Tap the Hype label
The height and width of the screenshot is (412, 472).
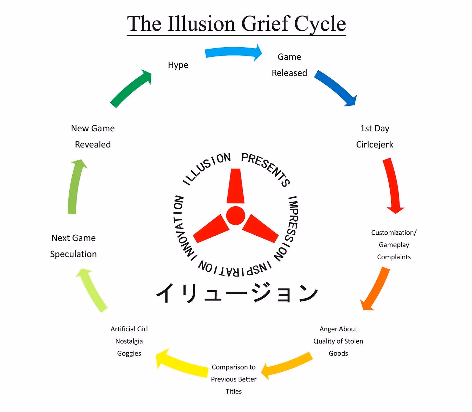coord(178,65)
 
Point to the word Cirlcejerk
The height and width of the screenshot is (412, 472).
coord(374,145)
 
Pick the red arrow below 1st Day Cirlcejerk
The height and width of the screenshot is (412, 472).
coord(393,185)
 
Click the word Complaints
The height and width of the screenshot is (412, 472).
coord(394,257)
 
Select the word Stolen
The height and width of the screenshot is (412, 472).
coord(353,341)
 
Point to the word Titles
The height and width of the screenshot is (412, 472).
coord(234,391)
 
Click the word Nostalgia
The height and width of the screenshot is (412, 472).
coord(129,341)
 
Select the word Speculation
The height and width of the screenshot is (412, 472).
coord(73,254)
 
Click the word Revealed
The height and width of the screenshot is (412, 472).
coord(93,145)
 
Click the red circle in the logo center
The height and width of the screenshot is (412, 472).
coord(236,216)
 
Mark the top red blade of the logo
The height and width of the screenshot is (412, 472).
coord(236,186)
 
